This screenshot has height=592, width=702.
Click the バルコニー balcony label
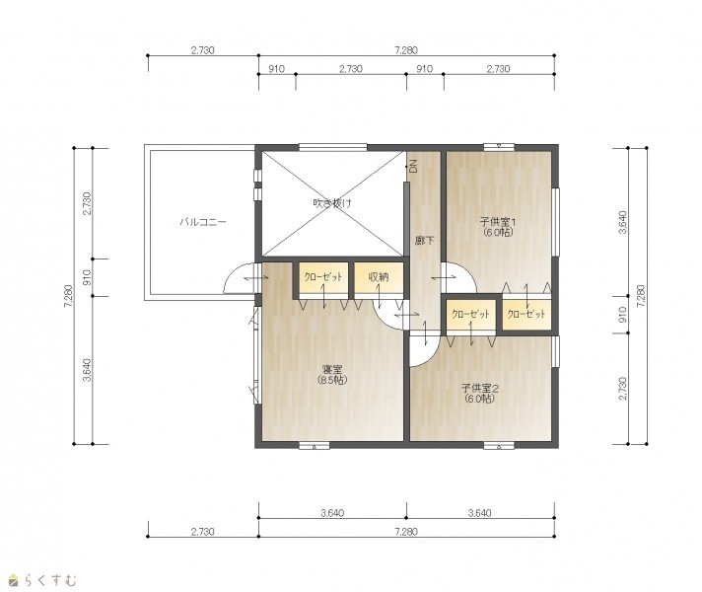[203, 222]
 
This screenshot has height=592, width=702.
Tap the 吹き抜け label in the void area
[332, 203]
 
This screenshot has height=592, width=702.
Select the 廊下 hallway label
[424, 241]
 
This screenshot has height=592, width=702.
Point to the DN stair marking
[413, 167]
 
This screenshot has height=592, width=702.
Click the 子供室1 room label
[498, 221]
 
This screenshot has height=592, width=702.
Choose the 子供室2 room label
[480, 388]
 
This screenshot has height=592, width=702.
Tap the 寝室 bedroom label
[332, 370]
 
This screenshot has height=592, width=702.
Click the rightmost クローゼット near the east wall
[526, 314]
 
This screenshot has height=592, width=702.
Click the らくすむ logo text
[56, 580]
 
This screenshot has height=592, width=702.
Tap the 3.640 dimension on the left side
[87, 370]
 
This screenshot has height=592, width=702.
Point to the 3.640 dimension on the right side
[622, 222]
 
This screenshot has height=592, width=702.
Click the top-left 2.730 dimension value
[203, 50]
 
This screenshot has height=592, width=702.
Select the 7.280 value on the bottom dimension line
[406, 532]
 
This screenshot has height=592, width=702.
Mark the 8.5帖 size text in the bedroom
[332, 381]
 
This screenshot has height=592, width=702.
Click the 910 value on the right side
[622, 315]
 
